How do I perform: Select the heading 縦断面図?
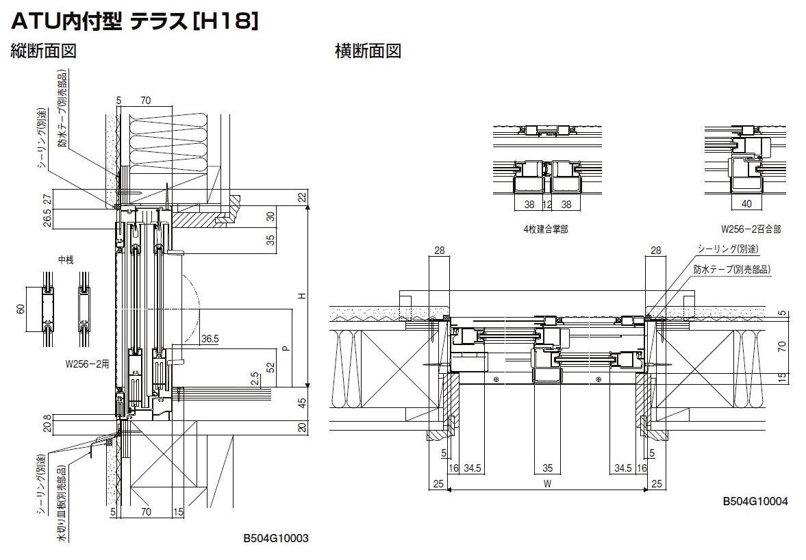tap(43, 51)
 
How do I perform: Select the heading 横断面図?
tap(368, 51)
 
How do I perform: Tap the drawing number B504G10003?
tap(276, 539)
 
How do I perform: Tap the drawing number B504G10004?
tap(755, 502)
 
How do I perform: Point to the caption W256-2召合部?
tap(751, 230)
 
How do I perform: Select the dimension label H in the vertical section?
tap(300, 296)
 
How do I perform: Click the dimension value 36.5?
tap(210, 338)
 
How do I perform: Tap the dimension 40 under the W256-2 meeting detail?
tap(746, 204)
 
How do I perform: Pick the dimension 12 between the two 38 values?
tap(547, 204)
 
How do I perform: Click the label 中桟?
tap(65, 261)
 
